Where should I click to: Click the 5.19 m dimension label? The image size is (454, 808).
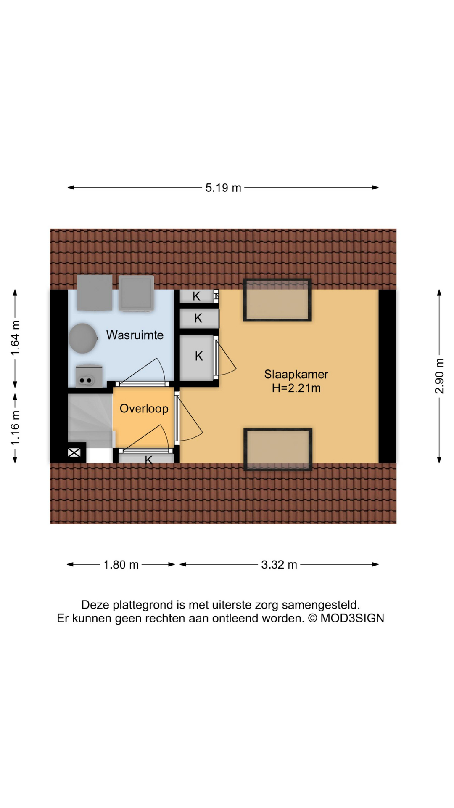(223, 188)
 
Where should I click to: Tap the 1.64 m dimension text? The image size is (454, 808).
(16, 338)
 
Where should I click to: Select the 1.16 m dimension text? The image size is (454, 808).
(16, 428)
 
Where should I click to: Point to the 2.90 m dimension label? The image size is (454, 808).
(439, 376)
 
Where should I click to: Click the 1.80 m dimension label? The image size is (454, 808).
(121, 565)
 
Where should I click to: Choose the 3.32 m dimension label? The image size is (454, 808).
(279, 565)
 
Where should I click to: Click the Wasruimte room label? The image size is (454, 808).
(135, 335)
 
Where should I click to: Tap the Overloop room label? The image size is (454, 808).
(144, 409)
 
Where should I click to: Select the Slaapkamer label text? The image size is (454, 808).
(296, 374)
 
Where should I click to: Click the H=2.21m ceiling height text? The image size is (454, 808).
(296, 388)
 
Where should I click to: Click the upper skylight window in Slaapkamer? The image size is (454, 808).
(277, 300)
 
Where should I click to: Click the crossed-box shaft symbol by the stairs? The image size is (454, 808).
(74, 453)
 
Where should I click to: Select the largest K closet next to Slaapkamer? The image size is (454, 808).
(198, 357)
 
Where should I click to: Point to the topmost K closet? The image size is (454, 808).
(196, 296)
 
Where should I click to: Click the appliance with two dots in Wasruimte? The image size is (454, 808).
(88, 376)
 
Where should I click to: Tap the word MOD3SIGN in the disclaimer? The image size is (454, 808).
(352, 618)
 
